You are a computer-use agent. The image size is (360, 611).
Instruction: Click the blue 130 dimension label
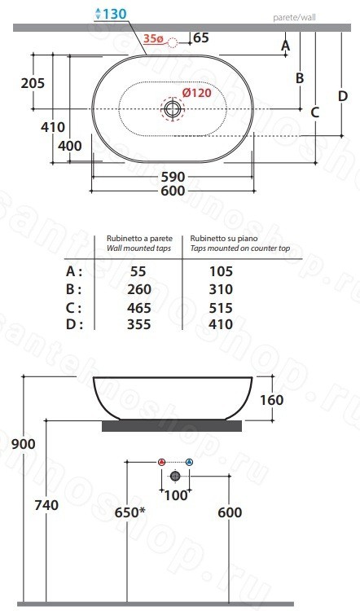[111, 14]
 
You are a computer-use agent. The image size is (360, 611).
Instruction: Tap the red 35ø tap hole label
[153, 38]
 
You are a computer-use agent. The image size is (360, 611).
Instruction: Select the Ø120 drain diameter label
[197, 93]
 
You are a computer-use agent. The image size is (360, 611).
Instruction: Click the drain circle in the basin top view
[172, 108]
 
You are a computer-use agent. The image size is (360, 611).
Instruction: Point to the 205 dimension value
[33, 83]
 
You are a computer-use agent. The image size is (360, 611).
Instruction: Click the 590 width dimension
[173, 177]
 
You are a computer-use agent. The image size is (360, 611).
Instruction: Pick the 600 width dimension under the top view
[173, 191]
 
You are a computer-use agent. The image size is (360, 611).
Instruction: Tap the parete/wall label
[294, 17]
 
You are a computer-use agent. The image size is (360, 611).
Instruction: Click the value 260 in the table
[139, 289]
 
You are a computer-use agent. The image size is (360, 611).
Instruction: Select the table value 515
[221, 307]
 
